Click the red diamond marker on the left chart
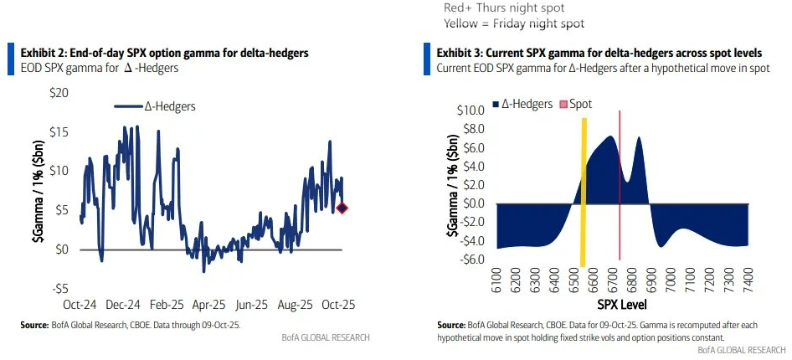342,208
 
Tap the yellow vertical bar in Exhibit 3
584,193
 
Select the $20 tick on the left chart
61,91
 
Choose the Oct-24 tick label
82,306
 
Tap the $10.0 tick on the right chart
471,111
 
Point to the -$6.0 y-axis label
471,259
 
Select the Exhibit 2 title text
164,53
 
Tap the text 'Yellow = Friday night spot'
514,23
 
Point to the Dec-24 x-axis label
123,306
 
